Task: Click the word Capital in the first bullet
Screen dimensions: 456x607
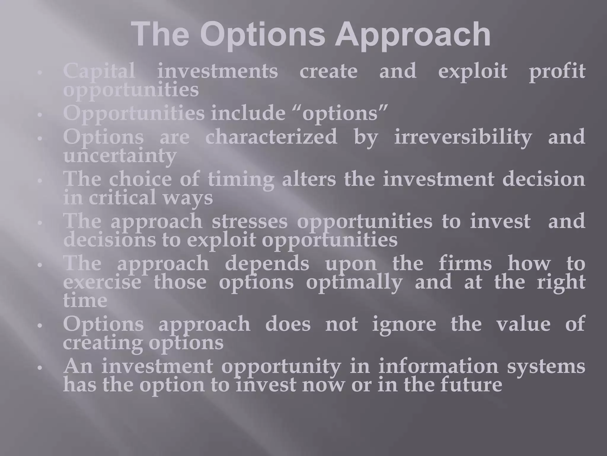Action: coord(99,71)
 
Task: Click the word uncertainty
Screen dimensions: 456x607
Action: coord(120,156)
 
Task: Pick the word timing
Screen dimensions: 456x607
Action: coord(241,180)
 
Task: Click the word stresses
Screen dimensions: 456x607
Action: coord(249,221)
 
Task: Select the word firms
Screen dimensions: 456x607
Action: coord(465,264)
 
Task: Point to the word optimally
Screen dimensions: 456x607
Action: coord(354,282)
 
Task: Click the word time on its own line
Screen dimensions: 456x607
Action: coord(85,300)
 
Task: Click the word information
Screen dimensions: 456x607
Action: coord(438,366)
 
